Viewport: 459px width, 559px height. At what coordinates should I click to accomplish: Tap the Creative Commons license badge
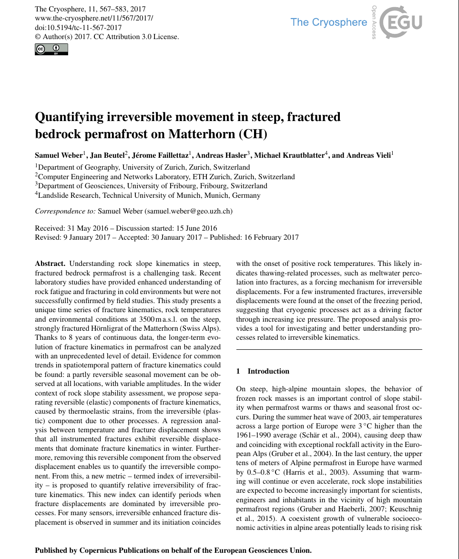(51, 49)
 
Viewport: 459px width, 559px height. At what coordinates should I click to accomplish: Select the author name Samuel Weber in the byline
(59, 155)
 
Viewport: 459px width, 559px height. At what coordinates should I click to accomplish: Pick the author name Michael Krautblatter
(289, 155)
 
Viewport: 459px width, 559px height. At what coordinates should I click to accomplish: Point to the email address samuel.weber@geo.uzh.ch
(188, 211)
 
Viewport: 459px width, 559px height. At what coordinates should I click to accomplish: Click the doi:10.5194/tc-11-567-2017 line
(79, 27)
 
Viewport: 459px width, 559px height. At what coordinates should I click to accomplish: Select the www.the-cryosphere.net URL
(94, 18)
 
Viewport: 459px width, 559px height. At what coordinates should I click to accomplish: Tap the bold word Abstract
(51, 264)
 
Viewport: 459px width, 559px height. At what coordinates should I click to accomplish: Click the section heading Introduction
(268, 371)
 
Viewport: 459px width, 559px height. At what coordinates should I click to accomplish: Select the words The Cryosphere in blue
(329, 22)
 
